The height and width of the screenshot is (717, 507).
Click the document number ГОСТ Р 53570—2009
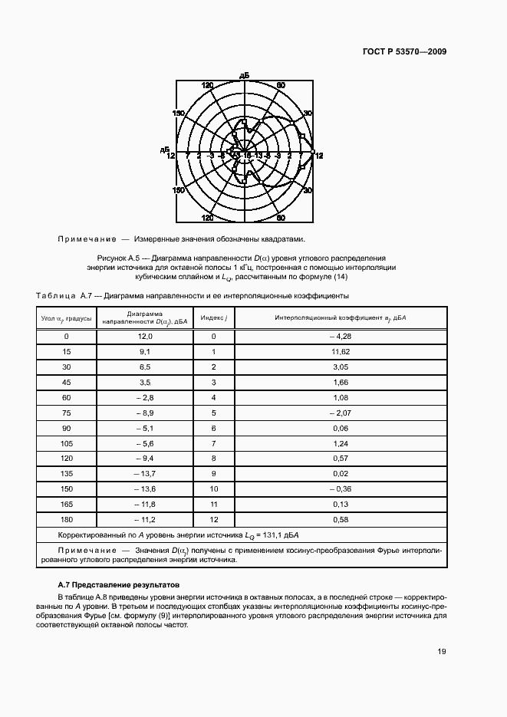404,52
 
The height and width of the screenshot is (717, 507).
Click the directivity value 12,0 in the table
146,337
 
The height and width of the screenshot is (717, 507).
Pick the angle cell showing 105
66,443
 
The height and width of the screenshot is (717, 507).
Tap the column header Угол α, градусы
66,317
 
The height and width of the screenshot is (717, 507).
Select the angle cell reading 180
66,519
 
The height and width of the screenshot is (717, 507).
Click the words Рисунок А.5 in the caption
120,258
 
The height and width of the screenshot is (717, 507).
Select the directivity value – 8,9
144,413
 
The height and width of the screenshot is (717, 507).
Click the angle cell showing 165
66,504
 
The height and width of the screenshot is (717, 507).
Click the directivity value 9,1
146,352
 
